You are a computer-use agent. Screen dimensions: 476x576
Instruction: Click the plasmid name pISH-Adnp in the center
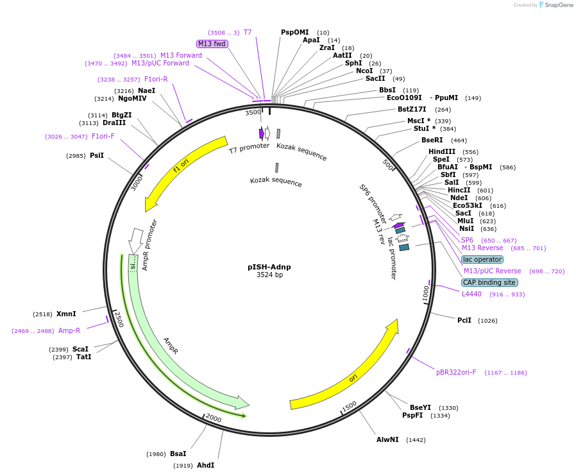[x=269, y=266]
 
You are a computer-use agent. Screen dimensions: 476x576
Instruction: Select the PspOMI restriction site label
[x=294, y=32]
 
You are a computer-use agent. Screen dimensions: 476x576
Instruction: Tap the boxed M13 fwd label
[x=212, y=44]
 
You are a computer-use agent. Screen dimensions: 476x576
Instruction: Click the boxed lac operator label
[x=482, y=259]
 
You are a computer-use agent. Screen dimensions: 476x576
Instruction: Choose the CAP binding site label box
[x=489, y=282]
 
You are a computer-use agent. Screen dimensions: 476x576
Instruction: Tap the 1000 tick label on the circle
[x=426, y=294]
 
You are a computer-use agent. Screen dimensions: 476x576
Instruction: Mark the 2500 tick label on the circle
[x=119, y=319]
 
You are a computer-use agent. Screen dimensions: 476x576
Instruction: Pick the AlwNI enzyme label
[x=387, y=439]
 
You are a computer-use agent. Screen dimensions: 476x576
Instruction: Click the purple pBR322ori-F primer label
[x=456, y=372]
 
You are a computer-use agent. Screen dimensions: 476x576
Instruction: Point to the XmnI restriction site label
[x=66, y=314]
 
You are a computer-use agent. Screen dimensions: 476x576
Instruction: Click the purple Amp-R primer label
[x=69, y=330]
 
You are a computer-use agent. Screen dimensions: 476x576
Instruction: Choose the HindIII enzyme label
[x=442, y=151]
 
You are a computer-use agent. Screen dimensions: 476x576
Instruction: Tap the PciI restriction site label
[x=464, y=320]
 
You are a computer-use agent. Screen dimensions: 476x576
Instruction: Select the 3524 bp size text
[x=269, y=275]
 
